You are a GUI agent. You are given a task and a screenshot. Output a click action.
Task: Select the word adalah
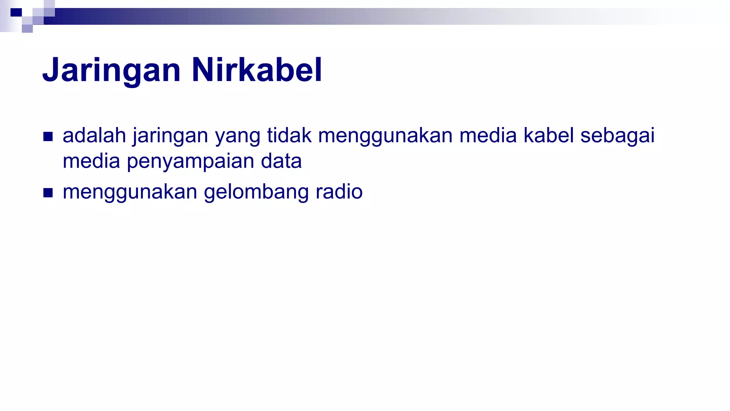click(94, 136)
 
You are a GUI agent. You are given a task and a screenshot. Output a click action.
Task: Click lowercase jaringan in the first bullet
click(170, 136)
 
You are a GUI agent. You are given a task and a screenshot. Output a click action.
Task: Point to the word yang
click(237, 136)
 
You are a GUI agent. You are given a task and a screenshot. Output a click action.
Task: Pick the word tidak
click(289, 136)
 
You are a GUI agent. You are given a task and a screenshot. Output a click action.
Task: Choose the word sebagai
click(617, 136)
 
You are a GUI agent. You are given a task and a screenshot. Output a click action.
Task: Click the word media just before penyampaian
click(91, 161)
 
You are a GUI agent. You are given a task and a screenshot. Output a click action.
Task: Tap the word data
click(281, 161)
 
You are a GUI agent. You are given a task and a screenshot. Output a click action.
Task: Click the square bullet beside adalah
click(48, 137)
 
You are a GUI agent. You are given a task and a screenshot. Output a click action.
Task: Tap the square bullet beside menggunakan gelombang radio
click(48, 193)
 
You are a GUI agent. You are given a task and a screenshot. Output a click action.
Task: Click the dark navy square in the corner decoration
click(16, 12)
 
